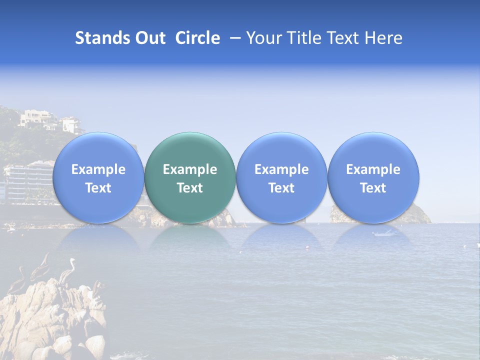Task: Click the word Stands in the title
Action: click(102, 38)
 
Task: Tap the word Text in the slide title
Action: click(344, 38)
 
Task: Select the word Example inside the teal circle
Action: click(190, 169)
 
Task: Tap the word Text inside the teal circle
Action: click(190, 188)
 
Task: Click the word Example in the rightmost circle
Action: click(373, 169)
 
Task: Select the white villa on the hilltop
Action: click(38, 119)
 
